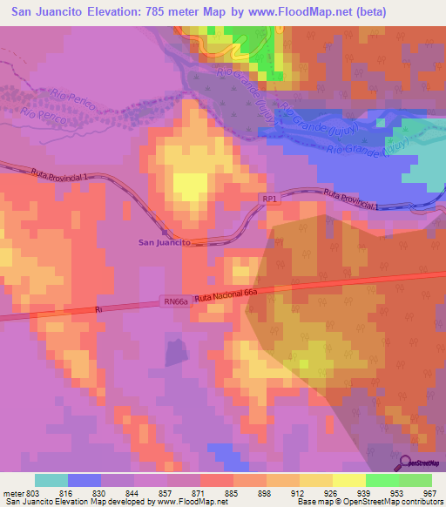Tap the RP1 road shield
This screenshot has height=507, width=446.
(x=270, y=199)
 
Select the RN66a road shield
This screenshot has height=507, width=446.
(x=175, y=301)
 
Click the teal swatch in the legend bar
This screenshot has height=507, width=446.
(x=51, y=480)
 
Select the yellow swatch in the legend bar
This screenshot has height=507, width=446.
(x=349, y=480)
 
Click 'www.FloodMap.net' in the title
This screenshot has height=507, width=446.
(x=288, y=11)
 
